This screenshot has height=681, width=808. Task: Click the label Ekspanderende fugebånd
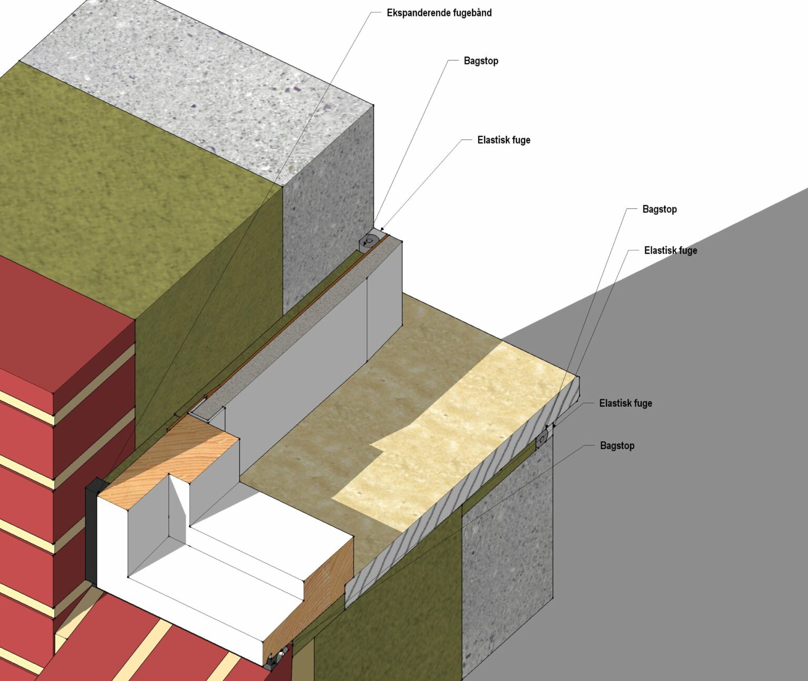pyautogui.click(x=439, y=13)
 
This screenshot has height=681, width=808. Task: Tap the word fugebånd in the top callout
pyautogui.click(x=472, y=13)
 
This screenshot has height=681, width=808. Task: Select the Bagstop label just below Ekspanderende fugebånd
pyautogui.click(x=481, y=61)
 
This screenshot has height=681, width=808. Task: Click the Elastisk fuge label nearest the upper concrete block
pyautogui.click(x=503, y=140)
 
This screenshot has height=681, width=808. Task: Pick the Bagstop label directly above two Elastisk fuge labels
pyautogui.click(x=659, y=209)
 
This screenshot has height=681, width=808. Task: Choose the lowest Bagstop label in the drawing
pyautogui.click(x=617, y=446)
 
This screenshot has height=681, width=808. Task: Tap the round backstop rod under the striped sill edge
pyautogui.click(x=542, y=437)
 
